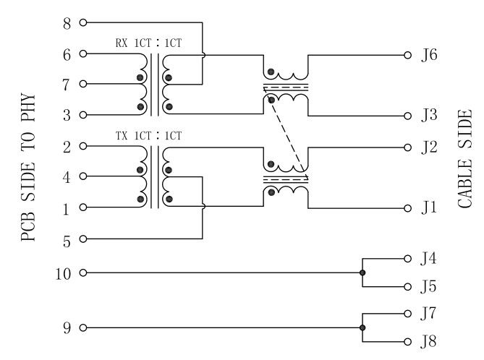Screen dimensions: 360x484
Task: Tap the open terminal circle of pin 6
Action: (x=82, y=53)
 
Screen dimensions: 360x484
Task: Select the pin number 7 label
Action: (x=67, y=85)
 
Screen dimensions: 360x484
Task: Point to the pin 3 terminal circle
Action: (x=82, y=115)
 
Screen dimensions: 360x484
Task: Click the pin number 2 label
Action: (x=67, y=146)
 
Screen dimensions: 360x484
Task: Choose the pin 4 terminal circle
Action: (x=82, y=176)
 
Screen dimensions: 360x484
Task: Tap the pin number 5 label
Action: (x=67, y=240)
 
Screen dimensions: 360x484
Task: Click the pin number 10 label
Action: (x=64, y=273)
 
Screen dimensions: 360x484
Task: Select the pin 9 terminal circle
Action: (x=82, y=328)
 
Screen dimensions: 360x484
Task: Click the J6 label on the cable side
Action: (x=429, y=55)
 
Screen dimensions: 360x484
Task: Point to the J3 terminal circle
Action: (x=407, y=116)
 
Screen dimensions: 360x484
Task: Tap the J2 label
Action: (x=429, y=147)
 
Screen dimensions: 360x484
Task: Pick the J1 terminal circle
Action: (x=407, y=208)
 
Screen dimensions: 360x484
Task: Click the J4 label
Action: (x=429, y=258)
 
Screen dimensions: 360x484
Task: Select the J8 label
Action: (x=429, y=341)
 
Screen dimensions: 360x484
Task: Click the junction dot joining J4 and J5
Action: (x=362, y=273)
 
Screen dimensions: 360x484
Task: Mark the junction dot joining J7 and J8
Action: (x=362, y=328)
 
